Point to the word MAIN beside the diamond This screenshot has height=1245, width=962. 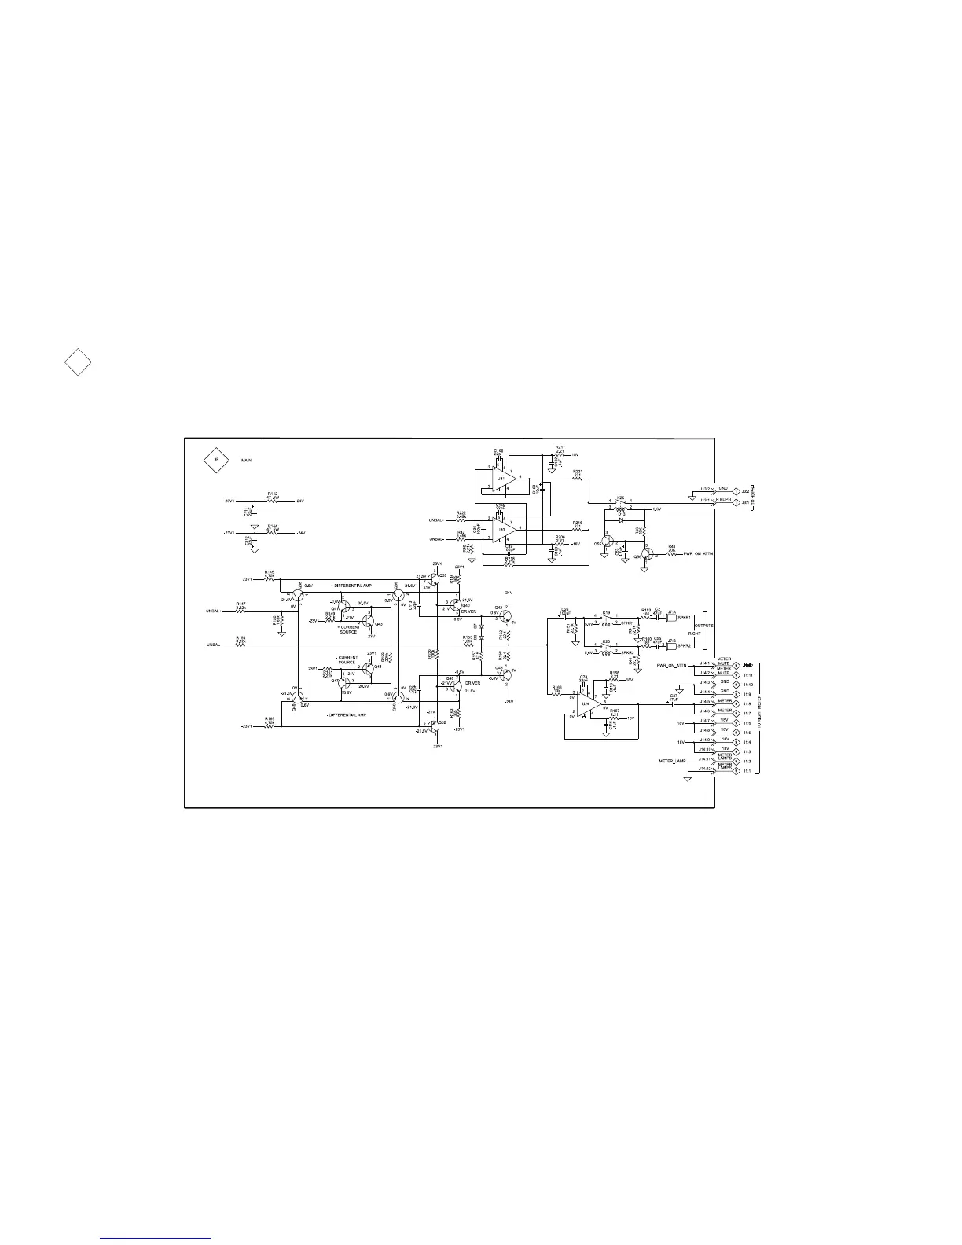click(248, 462)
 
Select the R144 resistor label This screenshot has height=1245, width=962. click(272, 526)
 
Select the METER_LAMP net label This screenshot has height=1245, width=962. click(673, 762)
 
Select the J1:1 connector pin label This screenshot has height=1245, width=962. click(747, 771)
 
